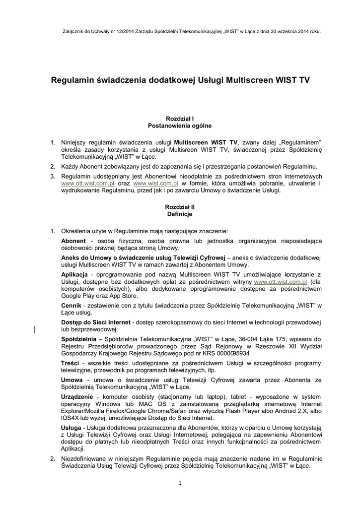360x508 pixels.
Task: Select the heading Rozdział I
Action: tap(180, 119)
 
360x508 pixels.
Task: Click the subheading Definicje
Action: tap(180, 214)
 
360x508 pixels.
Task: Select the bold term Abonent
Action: tap(73, 241)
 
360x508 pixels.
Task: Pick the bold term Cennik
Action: tap(71, 306)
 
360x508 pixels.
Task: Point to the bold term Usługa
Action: tap(72, 427)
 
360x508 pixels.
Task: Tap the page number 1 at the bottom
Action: tap(180, 484)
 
